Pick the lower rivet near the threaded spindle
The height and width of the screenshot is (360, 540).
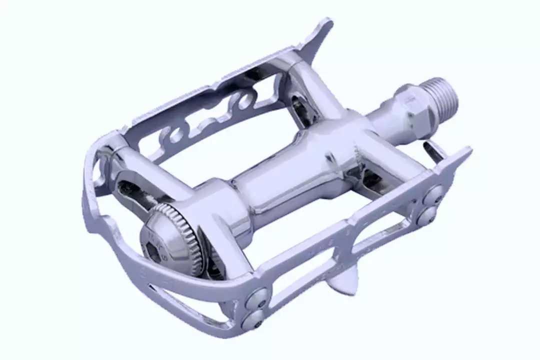pos(427,215)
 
